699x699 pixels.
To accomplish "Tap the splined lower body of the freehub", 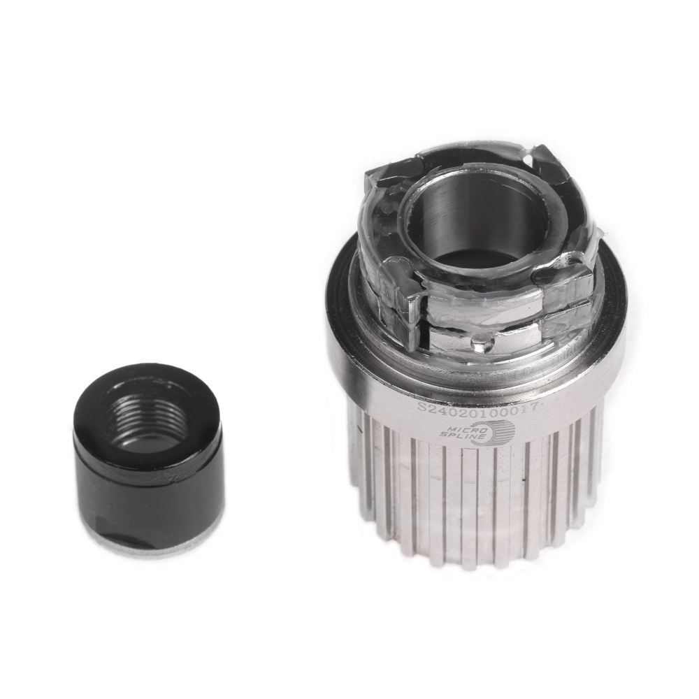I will (475, 503).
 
